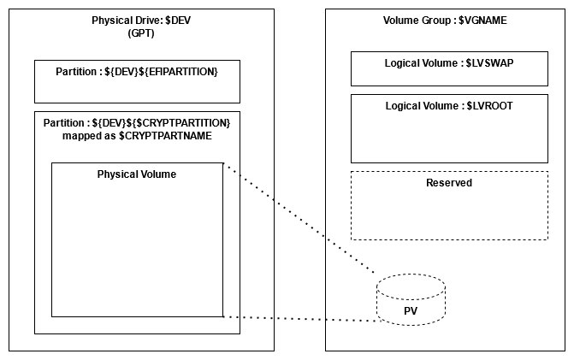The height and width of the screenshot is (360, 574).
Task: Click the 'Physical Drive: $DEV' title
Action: [141, 20]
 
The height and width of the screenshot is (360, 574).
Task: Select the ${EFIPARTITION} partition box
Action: [137, 81]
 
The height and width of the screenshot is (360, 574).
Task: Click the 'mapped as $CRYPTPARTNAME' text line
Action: [137, 135]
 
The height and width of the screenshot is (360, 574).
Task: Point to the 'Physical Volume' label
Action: [137, 174]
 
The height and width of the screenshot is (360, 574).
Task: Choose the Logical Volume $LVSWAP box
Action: [449, 68]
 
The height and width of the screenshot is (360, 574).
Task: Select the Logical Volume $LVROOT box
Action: [449, 128]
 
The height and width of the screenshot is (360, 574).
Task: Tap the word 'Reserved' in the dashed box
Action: [449, 182]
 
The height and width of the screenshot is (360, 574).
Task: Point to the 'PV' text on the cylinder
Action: [410, 310]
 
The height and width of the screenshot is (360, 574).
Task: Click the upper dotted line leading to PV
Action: [299, 218]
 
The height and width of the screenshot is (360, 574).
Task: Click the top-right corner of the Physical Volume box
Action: [222, 163]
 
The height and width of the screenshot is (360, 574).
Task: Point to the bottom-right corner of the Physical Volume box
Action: [222, 316]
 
